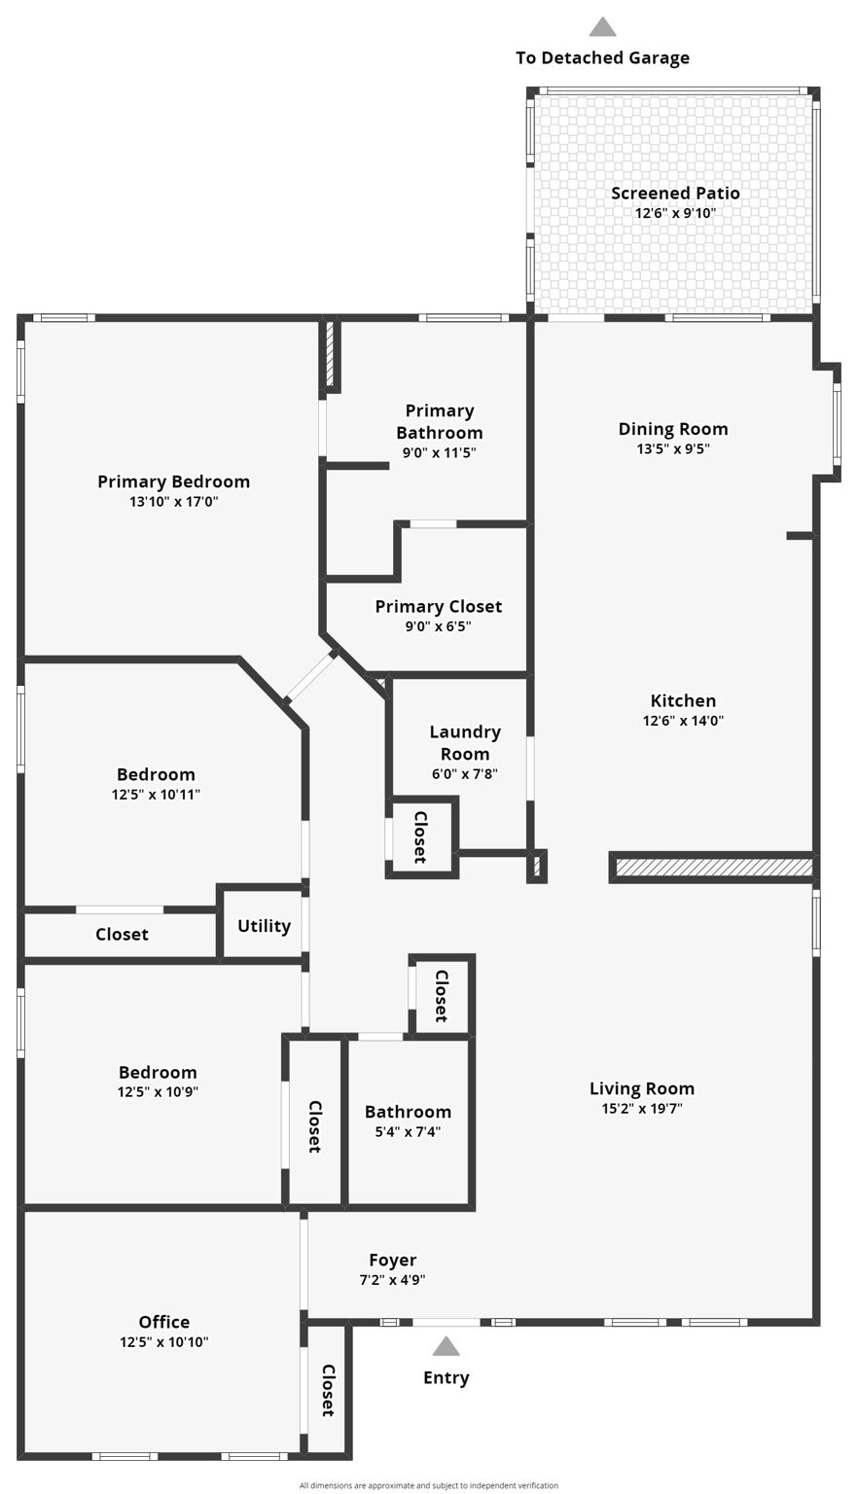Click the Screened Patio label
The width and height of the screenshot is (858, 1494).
[x=675, y=193]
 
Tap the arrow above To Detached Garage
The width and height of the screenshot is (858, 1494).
[x=602, y=27]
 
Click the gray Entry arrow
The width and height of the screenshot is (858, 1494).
[x=446, y=1346]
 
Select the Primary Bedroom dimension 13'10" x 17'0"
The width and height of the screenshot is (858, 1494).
[x=174, y=502]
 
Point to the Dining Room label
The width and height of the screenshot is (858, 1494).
[x=673, y=429]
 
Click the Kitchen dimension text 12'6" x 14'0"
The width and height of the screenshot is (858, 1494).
[x=683, y=721]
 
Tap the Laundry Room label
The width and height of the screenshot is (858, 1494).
[x=465, y=742]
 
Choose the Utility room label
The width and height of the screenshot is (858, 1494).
[x=264, y=925]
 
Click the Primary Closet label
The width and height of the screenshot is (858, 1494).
[x=439, y=606]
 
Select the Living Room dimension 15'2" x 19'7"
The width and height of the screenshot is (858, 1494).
[x=642, y=1108]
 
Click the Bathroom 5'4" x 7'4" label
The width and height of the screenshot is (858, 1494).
[x=408, y=1112]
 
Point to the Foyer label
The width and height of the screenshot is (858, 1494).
[x=393, y=1260]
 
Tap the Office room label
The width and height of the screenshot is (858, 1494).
[x=164, y=1321]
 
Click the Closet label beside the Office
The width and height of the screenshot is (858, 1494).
[x=328, y=1390]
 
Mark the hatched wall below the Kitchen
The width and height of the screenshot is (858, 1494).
[x=714, y=867]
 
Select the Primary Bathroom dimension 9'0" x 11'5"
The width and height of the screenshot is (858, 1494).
[x=440, y=452]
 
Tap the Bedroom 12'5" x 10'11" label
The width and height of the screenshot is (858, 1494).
[x=156, y=774]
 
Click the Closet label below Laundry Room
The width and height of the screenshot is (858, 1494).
[x=420, y=836]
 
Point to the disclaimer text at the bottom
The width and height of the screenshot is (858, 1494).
[x=429, y=1485]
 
